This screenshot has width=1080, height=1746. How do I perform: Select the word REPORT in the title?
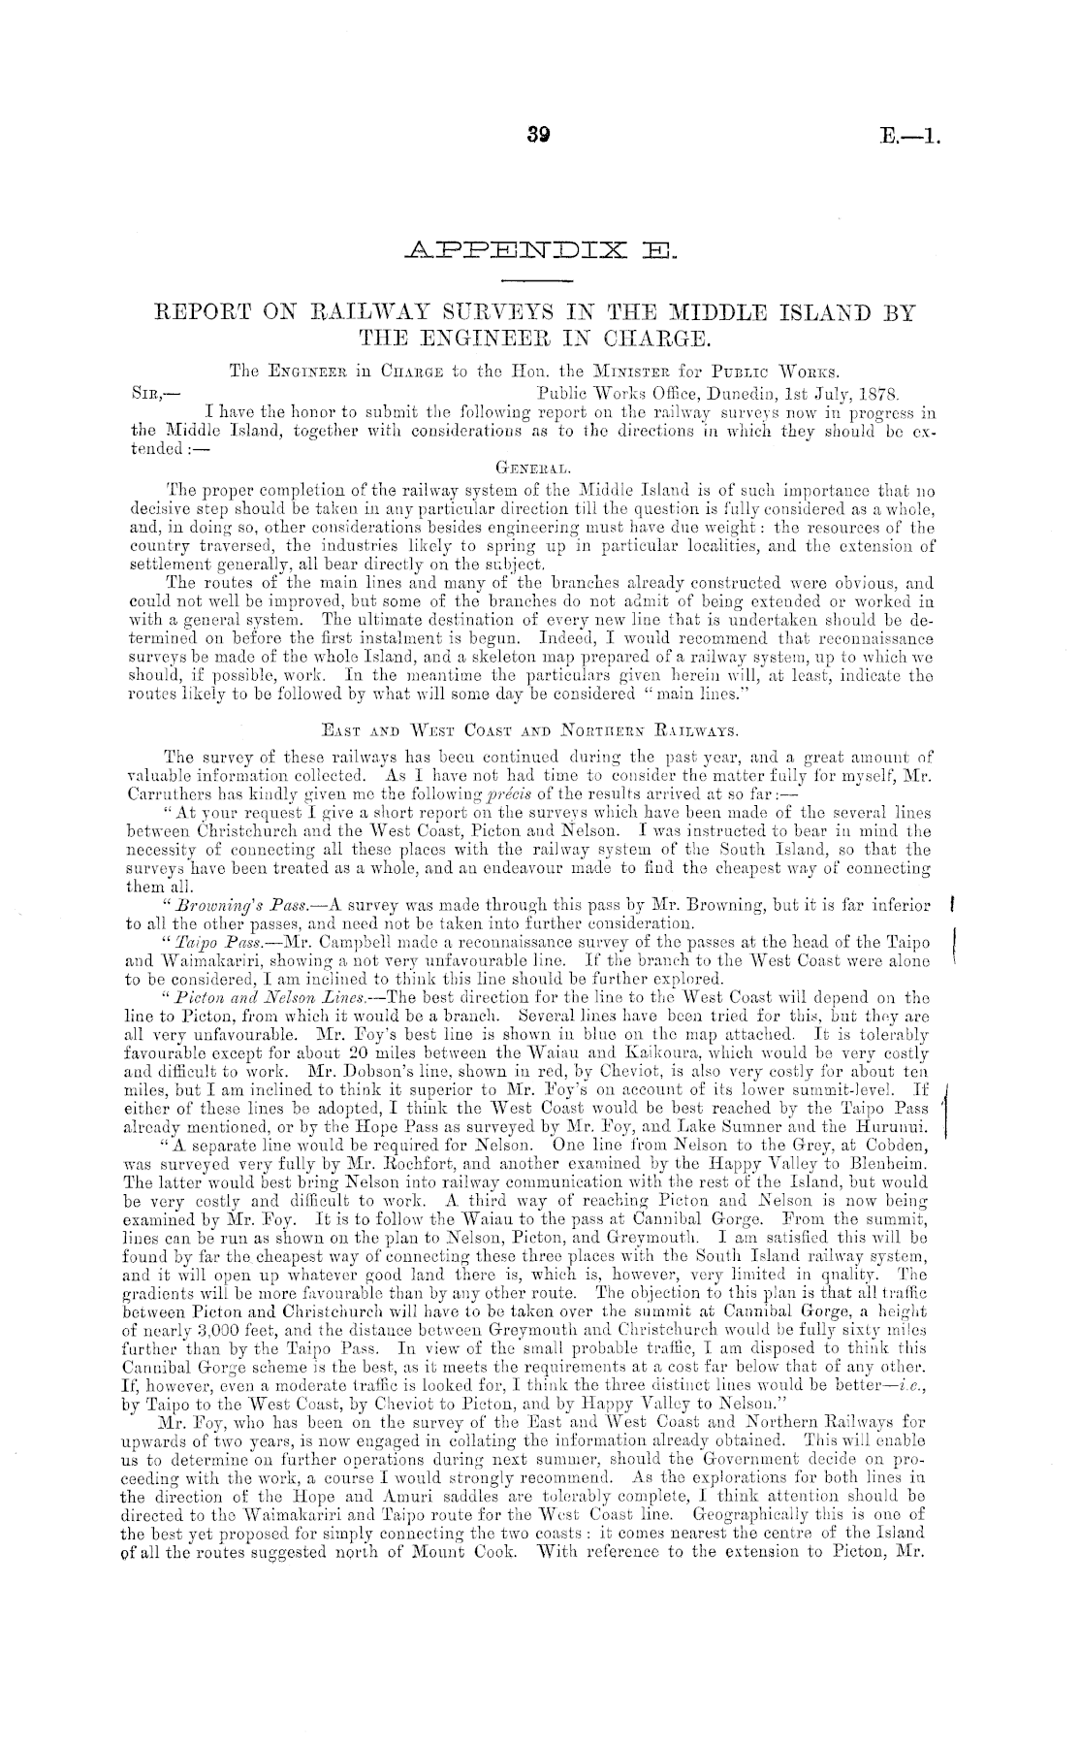point(207,314)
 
